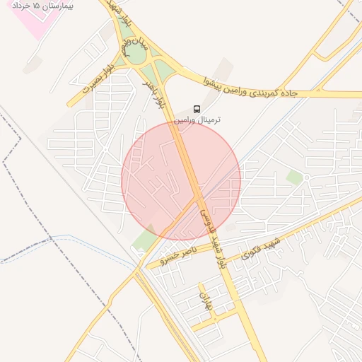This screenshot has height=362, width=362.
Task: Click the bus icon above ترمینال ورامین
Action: (197, 109)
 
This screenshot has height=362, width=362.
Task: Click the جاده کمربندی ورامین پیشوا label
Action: (252, 89)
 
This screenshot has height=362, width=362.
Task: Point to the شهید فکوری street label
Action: (262, 248)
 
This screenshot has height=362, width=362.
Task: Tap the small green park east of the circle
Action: (294, 177)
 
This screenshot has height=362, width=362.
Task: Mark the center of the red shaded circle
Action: (181, 181)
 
